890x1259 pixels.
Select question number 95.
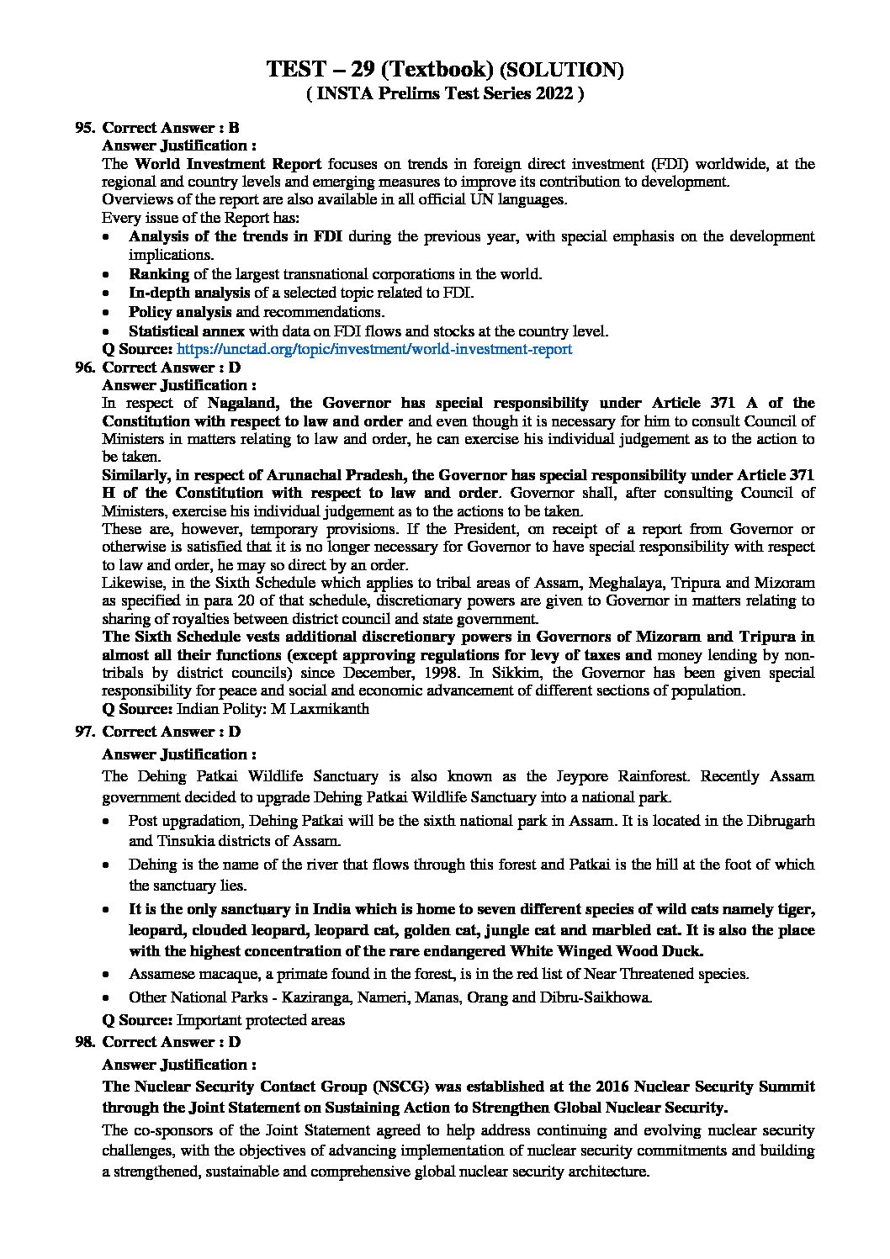pyautogui.click(x=83, y=128)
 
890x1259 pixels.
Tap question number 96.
pyautogui.click(x=83, y=368)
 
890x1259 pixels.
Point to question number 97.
pyautogui.click(x=83, y=732)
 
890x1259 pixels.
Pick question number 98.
pyautogui.click(x=83, y=1042)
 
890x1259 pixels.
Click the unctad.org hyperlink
pyautogui.click(x=374, y=349)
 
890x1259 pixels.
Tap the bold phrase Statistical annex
pyautogui.click(x=187, y=331)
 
